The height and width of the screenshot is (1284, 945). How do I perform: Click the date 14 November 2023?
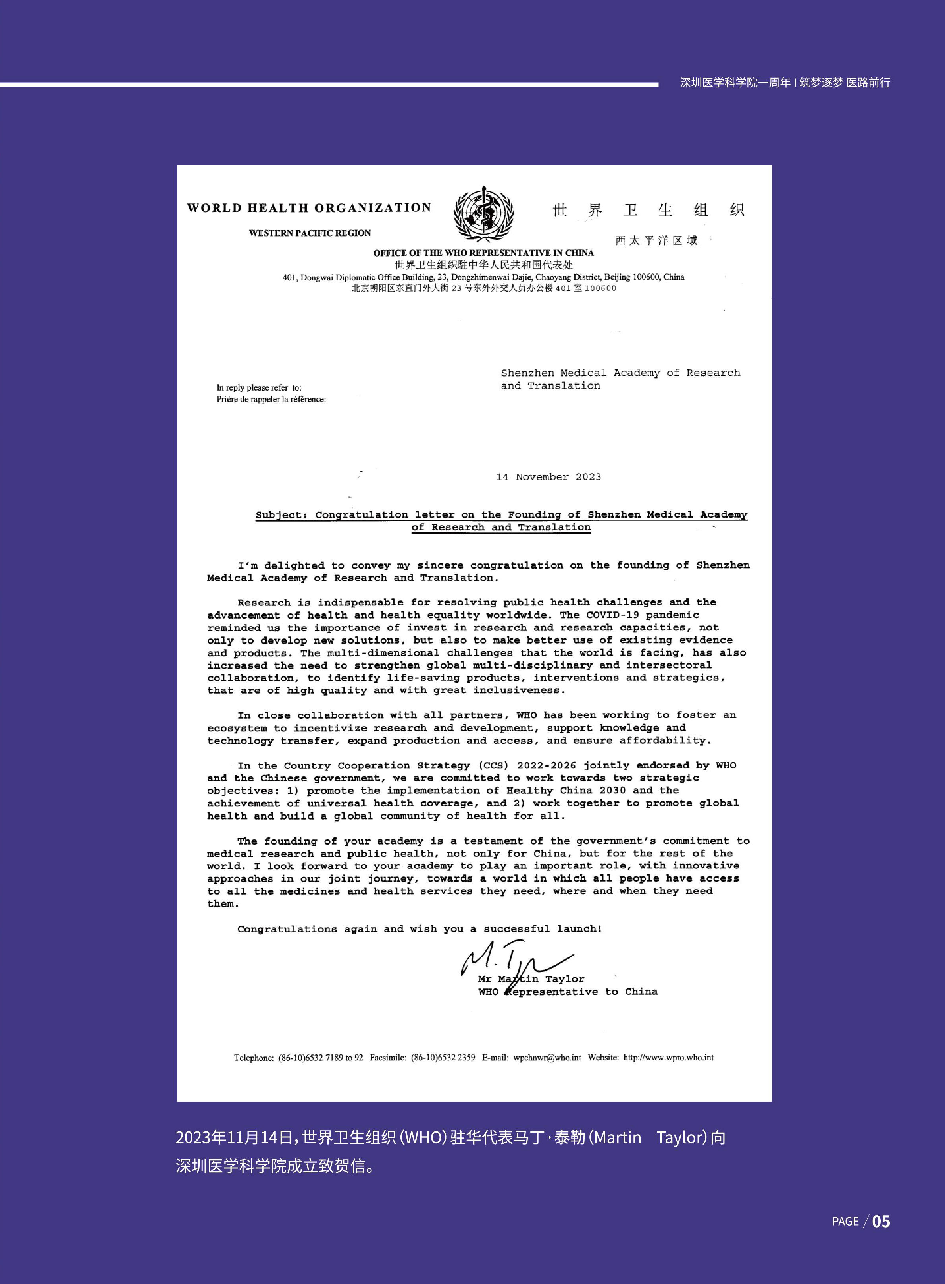[549, 477]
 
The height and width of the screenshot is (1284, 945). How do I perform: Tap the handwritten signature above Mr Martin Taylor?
[515, 964]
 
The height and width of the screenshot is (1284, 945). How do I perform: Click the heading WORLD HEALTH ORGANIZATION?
[309, 208]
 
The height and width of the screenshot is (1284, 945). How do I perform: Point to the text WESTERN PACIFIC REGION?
[310, 233]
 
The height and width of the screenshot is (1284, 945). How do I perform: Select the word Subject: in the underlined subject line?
[281, 515]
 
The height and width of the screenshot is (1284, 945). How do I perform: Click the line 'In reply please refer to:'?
[258, 388]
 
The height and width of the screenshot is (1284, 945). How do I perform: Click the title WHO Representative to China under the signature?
[568, 992]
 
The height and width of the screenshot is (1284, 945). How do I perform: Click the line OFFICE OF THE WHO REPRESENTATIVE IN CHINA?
[483, 253]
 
